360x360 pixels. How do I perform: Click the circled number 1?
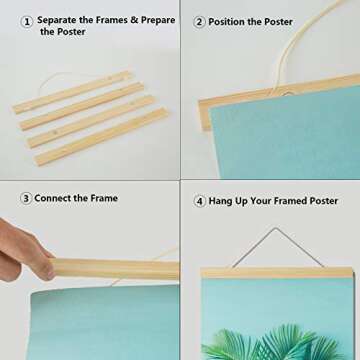[27, 20]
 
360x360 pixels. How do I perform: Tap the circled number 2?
[200, 21]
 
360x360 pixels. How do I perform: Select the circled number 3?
[24, 198]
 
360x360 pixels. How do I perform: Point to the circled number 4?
[200, 200]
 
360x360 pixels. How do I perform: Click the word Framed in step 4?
[290, 200]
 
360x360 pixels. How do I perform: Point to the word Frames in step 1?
[120, 20]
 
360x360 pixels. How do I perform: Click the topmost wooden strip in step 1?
[72, 91]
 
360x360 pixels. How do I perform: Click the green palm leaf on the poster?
[270, 343]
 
